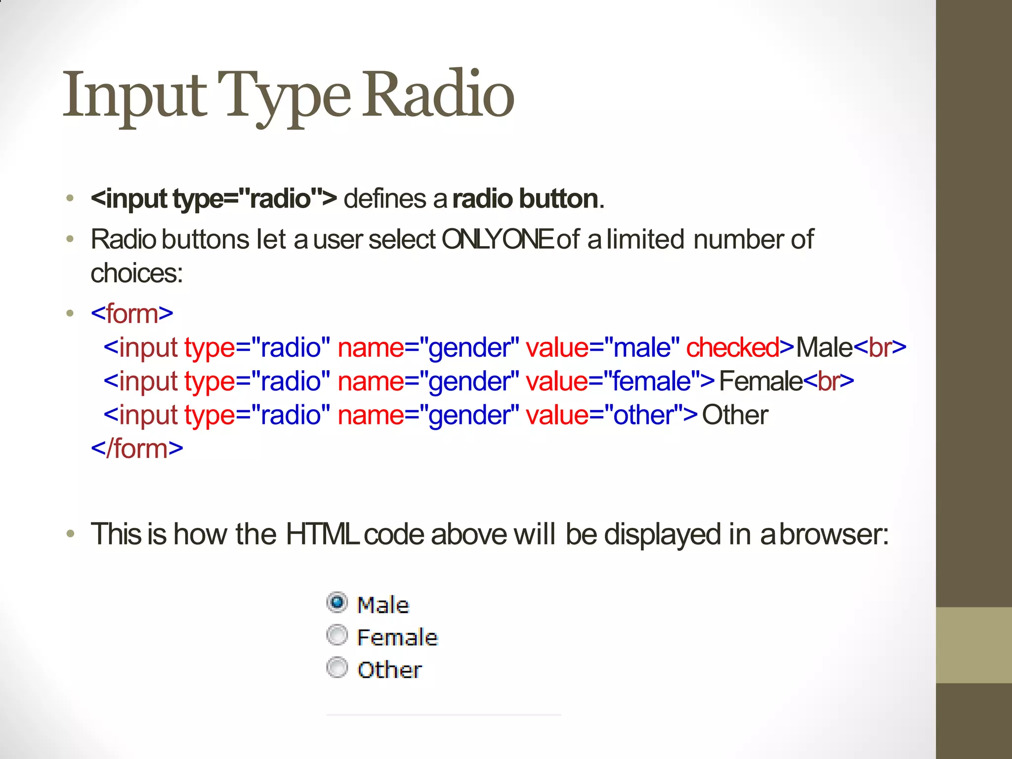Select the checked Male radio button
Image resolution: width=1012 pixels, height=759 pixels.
pos(337,603)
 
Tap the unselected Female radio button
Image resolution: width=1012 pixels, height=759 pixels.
pos(337,635)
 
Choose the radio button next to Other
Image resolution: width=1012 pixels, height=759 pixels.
pos(337,668)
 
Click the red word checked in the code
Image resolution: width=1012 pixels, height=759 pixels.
pos(732,347)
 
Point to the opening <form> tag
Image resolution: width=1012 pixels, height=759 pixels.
pos(132,314)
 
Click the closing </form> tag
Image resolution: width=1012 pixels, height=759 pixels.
pos(137,449)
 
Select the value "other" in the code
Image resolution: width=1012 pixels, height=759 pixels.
pos(643,415)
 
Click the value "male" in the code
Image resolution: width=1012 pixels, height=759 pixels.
pos(642,347)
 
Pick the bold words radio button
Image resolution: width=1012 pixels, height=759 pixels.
pos(526,199)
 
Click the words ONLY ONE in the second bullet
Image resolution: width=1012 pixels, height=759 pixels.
pos(497,240)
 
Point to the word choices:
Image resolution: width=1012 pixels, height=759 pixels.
pos(137,273)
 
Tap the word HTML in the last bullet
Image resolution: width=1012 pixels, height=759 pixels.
pos(322,534)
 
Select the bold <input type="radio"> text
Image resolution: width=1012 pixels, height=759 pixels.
pos(214,199)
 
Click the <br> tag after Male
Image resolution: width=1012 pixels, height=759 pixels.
pos(880,347)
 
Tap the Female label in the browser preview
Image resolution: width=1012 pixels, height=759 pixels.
pos(397,637)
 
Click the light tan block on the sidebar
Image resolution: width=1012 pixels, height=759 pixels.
pos(973,645)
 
